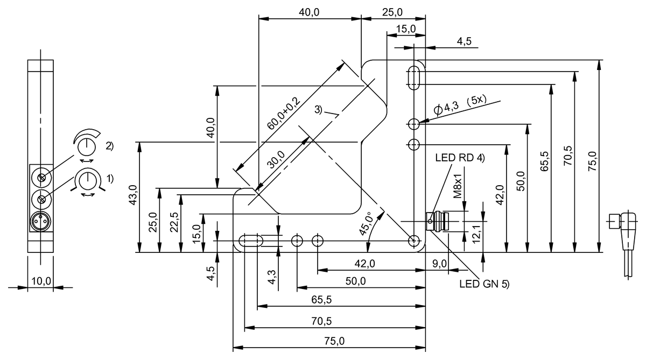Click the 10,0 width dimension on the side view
click(41, 281)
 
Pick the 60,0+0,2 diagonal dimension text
click(284, 114)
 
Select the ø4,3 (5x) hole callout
click(460, 104)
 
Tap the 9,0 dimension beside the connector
click(440, 263)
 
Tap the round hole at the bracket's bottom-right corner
click(414, 240)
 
